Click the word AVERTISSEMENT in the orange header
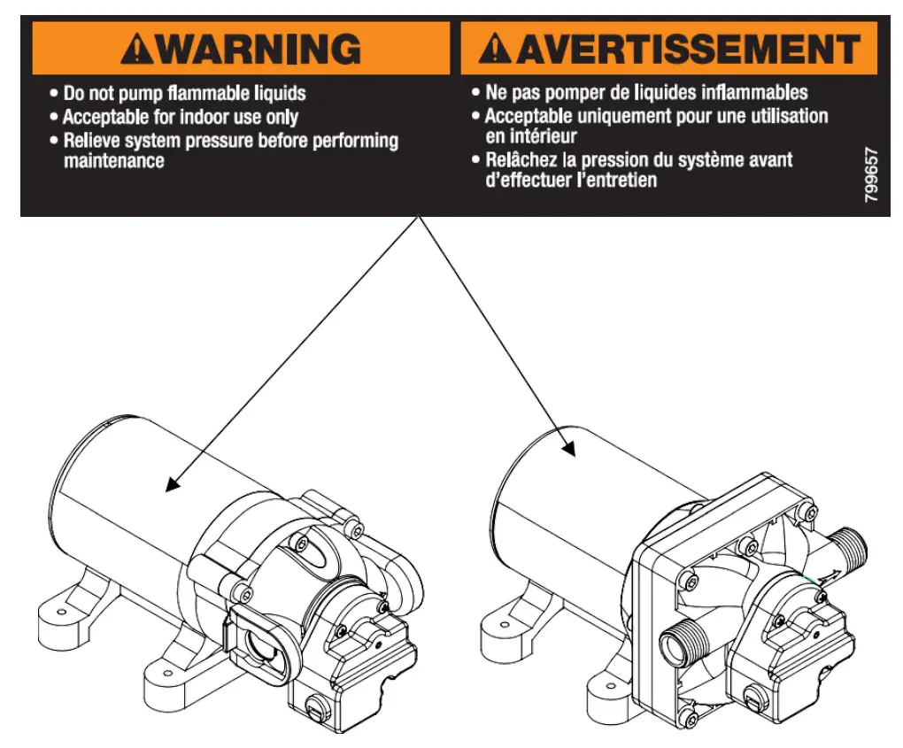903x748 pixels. [x=688, y=49]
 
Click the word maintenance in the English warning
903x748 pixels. [x=113, y=162]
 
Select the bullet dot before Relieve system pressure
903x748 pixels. [x=54, y=141]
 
